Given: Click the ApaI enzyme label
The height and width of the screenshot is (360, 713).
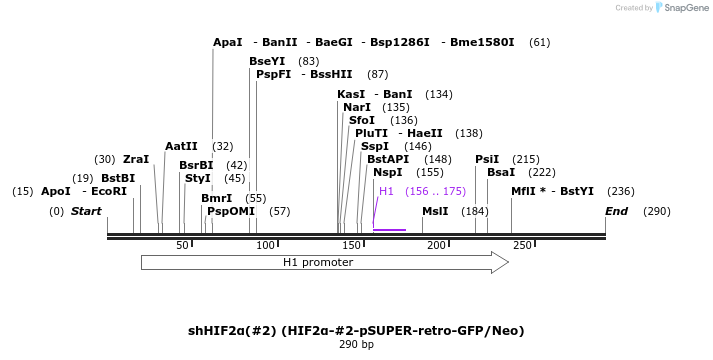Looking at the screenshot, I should [227, 43].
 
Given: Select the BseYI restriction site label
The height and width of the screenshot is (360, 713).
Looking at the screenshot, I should [267, 62].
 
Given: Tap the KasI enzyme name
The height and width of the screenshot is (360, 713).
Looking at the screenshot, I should [350, 95].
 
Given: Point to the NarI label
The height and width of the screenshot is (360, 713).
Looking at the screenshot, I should [356, 108].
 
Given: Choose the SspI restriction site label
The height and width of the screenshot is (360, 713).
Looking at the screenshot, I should [374, 147].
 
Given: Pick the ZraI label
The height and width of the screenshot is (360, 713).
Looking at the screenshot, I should [136, 160].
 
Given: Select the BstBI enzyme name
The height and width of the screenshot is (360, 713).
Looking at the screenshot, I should [117, 179].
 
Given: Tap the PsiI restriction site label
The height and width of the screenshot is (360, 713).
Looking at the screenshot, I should [486, 160].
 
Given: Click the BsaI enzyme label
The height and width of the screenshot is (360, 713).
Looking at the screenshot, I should [500, 173].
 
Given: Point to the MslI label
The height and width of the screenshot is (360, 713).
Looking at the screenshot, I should [435, 212].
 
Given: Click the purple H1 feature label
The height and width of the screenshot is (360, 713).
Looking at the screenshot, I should [386, 192].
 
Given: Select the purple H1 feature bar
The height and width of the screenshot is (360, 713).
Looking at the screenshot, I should [389, 230].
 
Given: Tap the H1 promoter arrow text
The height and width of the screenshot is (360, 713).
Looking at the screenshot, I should [317, 263].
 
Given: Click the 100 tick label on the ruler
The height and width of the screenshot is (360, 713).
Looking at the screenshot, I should [266, 246].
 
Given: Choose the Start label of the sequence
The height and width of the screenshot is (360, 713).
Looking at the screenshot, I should [86, 212].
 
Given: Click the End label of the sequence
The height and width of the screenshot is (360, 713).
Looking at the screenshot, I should [616, 212].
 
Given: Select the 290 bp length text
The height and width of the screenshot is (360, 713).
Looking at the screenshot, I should [356, 345].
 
